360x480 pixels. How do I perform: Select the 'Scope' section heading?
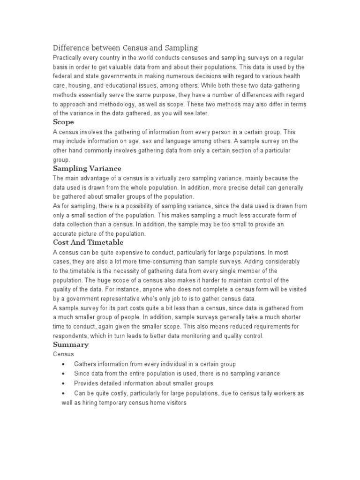coord(63,122)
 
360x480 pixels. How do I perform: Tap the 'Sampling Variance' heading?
coord(87,168)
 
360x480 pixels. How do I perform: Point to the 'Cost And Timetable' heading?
coord(88,242)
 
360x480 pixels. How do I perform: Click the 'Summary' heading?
coord(71,345)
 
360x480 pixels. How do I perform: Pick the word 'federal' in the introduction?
coord(64,76)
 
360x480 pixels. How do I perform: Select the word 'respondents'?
coord(71,336)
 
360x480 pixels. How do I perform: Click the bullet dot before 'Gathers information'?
coord(63,364)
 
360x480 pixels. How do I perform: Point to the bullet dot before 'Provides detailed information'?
coord(63,383)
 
